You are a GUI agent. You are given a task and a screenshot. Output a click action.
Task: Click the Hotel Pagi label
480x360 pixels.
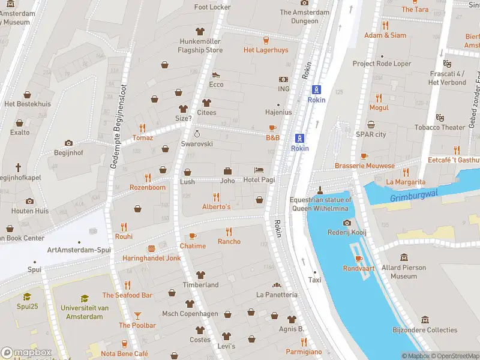coord(259,180)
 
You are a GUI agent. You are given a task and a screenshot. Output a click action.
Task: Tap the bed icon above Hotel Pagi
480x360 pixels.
coord(259,170)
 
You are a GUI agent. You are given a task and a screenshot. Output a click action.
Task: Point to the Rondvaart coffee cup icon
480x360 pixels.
coord(359,259)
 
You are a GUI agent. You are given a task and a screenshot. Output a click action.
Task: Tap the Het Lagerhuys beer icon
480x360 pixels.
coord(266,40)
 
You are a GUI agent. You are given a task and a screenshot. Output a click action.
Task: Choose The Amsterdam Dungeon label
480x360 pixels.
coord(305,16)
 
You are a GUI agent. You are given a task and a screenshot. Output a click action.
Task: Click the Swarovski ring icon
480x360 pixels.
coord(197,134)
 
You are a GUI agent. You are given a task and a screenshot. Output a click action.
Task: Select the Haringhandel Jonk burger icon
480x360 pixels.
coord(151,248)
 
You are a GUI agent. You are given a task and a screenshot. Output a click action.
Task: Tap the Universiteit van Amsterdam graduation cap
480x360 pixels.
coord(85,298)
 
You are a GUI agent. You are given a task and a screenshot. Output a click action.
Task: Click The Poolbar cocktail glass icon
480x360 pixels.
coord(137,315)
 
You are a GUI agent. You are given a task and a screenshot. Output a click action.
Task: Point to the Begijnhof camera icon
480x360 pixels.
coord(68,143)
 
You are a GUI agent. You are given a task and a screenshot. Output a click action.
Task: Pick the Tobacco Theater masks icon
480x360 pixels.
coord(440,117)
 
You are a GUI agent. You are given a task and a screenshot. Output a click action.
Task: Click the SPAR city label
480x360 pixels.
coord(371,134)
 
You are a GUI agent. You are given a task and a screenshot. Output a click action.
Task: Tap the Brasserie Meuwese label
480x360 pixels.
coord(365,166)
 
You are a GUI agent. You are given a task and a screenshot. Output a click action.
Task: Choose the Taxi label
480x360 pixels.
coord(315,280)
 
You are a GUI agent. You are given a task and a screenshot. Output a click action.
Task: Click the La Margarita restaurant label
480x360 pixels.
coord(406,182)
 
